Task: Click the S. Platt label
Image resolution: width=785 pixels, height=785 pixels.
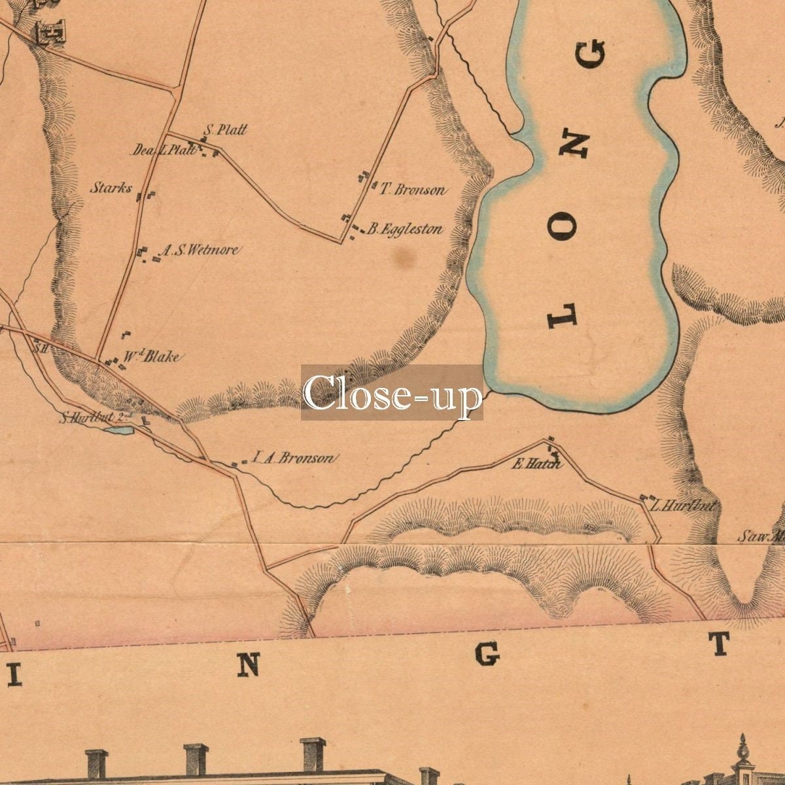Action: point(226,130)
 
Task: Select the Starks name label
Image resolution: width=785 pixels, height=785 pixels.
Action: point(111,188)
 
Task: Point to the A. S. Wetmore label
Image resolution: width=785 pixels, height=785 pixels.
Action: point(200,249)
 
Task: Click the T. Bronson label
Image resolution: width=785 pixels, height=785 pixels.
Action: point(413,190)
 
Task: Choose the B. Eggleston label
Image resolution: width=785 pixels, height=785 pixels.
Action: point(404,229)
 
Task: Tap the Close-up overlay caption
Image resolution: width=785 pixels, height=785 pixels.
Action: point(392,392)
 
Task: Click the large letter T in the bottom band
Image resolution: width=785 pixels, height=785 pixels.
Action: point(720,644)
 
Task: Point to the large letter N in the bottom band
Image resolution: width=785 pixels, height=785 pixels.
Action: point(248,665)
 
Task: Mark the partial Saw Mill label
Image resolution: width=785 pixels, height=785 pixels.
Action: point(761,537)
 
